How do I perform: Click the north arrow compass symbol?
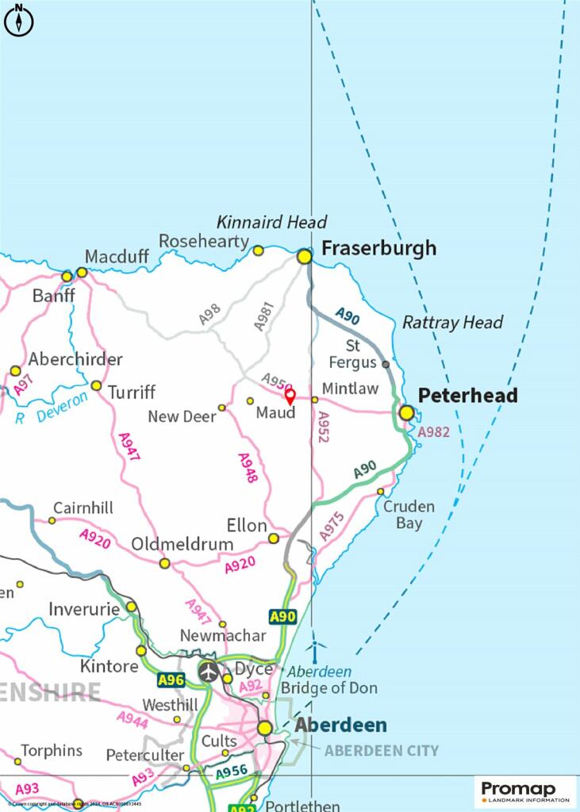(x=19, y=20)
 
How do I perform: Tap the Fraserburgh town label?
(x=378, y=248)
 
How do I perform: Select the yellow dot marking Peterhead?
(x=407, y=412)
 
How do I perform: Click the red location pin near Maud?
(x=290, y=395)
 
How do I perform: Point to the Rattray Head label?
(x=452, y=322)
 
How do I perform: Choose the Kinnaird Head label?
(x=271, y=222)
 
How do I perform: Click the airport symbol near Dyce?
(x=209, y=671)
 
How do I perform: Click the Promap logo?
(x=526, y=791)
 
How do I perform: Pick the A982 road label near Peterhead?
(x=433, y=432)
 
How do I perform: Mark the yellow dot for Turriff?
(x=96, y=385)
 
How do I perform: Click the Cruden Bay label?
(x=409, y=515)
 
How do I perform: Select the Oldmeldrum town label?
(x=182, y=544)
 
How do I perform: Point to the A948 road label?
(x=248, y=467)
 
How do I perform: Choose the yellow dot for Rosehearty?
(x=258, y=251)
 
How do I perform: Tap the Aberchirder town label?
(x=75, y=359)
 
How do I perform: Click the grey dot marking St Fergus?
(x=386, y=364)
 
